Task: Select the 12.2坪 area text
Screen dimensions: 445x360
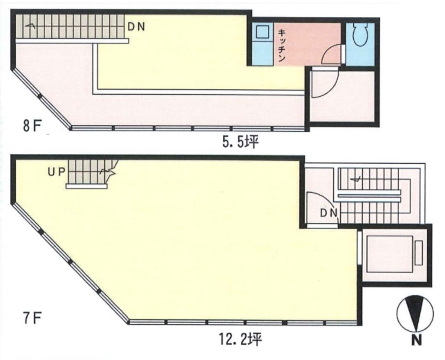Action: click(x=240, y=339)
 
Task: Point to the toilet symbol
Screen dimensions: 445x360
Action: click(x=360, y=35)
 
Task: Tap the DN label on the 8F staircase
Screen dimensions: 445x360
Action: click(x=137, y=27)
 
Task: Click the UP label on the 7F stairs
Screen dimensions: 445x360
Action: click(x=57, y=172)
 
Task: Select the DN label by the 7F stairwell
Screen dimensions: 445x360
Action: click(x=328, y=213)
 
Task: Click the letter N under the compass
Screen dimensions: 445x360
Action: click(x=416, y=340)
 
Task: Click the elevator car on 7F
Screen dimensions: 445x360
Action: click(x=390, y=254)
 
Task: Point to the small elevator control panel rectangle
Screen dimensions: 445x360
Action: click(x=418, y=253)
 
